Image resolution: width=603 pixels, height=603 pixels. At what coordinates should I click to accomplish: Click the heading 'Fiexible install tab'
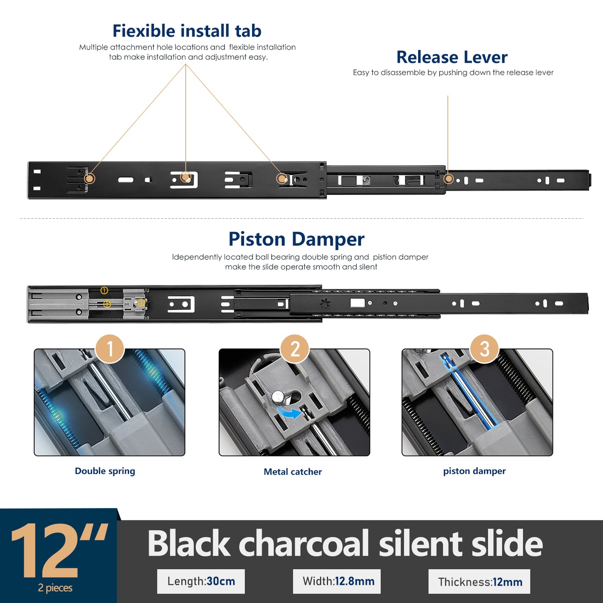tap(187, 31)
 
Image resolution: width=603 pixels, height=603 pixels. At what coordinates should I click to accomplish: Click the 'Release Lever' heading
tap(452, 57)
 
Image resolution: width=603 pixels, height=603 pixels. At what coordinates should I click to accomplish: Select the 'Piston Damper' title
tap(296, 240)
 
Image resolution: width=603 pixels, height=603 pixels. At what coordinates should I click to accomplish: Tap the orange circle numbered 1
tap(110, 348)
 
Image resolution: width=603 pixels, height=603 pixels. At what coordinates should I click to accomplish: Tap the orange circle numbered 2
tap(295, 348)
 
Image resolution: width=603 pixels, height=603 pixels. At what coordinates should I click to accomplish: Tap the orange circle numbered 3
tap(484, 348)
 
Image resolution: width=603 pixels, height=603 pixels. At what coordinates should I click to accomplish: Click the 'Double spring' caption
tap(105, 471)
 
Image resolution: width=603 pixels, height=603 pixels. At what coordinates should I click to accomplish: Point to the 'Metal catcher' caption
tap(293, 472)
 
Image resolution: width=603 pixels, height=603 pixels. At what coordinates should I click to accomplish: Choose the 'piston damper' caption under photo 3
tap(474, 471)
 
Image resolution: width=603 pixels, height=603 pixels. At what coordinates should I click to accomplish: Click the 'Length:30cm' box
tap(201, 581)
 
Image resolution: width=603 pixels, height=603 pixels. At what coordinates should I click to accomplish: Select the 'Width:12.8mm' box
tap(337, 581)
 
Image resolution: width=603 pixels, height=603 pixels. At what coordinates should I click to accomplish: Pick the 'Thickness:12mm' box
tap(479, 581)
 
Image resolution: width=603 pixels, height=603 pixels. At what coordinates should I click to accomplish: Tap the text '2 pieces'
tap(55, 588)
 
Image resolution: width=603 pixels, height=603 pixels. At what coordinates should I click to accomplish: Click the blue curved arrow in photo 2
tap(289, 414)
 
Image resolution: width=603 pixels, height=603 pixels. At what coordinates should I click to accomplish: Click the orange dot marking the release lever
tap(449, 179)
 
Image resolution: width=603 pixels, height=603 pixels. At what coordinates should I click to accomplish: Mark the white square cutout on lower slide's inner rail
tap(357, 303)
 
